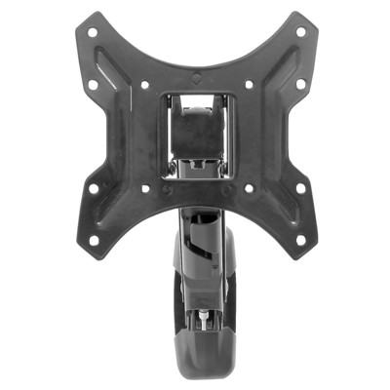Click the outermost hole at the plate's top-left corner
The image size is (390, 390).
click(91, 31)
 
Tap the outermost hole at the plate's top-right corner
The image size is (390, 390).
click(299, 31)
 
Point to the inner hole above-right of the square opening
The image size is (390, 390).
click(248, 84)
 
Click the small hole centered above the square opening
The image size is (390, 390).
click(195, 77)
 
